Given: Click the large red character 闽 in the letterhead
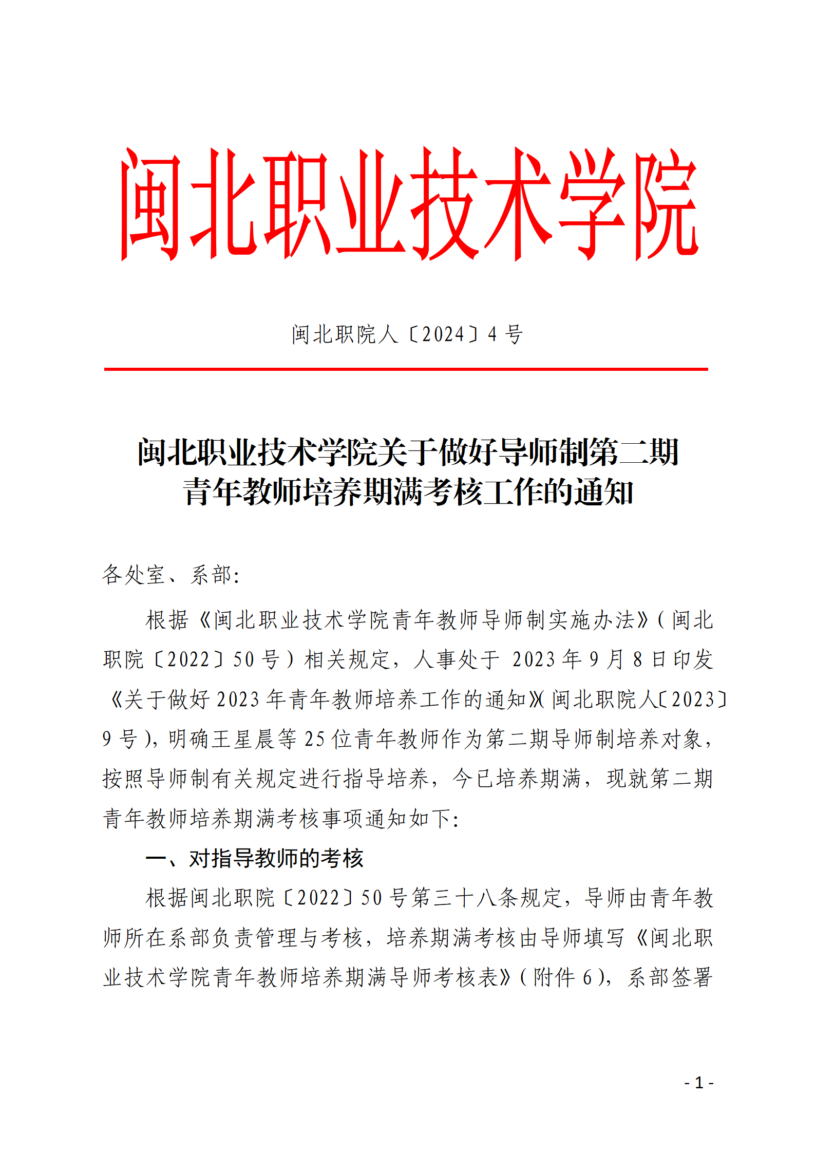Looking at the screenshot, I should coord(151,204).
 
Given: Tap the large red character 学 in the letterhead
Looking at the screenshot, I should coord(592,204).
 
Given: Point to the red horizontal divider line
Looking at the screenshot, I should coord(406,369).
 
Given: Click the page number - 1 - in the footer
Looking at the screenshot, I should coord(698,1083).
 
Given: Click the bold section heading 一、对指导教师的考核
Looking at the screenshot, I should coord(255,859).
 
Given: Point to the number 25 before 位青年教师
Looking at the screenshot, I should coord(314,739).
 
